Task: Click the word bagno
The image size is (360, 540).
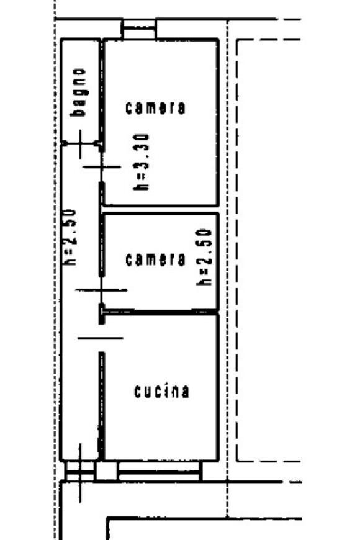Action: pyautogui.click(x=78, y=92)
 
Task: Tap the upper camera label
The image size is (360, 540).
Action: pyautogui.click(x=155, y=108)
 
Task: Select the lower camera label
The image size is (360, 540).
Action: pyautogui.click(x=155, y=259)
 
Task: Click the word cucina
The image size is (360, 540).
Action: pyautogui.click(x=161, y=392)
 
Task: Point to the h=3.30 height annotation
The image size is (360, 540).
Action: pyautogui.click(x=142, y=162)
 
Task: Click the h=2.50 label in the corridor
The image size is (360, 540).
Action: pyautogui.click(x=68, y=236)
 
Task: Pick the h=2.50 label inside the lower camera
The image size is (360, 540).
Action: pyautogui.click(x=204, y=256)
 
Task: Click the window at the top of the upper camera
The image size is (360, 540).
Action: pyautogui.click(x=139, y=29)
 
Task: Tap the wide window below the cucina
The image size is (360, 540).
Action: pyautogui.click(x=159, y=470)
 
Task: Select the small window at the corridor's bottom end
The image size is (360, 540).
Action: pyautogui.click(x=80, y=470)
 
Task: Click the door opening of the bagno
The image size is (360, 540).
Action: pyautogui.click(x=81, y=143)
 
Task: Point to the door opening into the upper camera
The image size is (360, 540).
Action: pyautogui.click(x=102, y=167)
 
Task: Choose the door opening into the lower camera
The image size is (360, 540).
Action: pyautogui.click(x=101, y=290)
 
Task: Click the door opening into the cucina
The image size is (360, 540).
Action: pyautogui.click(x=101, y=338)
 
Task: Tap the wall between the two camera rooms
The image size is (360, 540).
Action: pyautogui.click(x=161, y=209)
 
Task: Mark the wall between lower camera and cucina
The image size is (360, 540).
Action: pyautogui.click(x=161, y=312)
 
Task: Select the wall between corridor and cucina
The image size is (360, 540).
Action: pyautogui.click(x=102, y=406)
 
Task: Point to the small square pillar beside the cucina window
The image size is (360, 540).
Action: pyautogui.click(x=107, y=470)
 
